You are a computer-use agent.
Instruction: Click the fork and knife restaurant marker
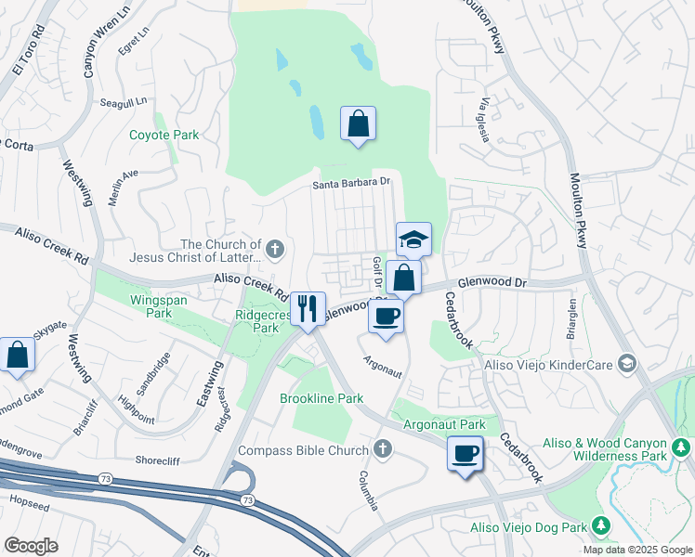pos(308,309)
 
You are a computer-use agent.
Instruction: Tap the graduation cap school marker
pos(413,240)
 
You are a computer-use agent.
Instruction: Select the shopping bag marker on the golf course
pos(359,123)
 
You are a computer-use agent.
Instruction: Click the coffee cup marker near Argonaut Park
pos(466,454)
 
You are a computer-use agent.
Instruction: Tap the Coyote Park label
pos(164,135)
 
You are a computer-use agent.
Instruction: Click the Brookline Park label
pos(321,398)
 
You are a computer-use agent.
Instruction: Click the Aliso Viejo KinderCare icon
pos(627,364)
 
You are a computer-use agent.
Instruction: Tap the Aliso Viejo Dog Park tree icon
pos(600,527)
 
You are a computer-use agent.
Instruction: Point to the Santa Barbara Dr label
pos(353,184)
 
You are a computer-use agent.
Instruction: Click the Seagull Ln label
pos(125,104)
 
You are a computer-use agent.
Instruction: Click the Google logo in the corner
pos(31,545)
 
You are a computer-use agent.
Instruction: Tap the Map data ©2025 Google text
pos(636,550)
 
